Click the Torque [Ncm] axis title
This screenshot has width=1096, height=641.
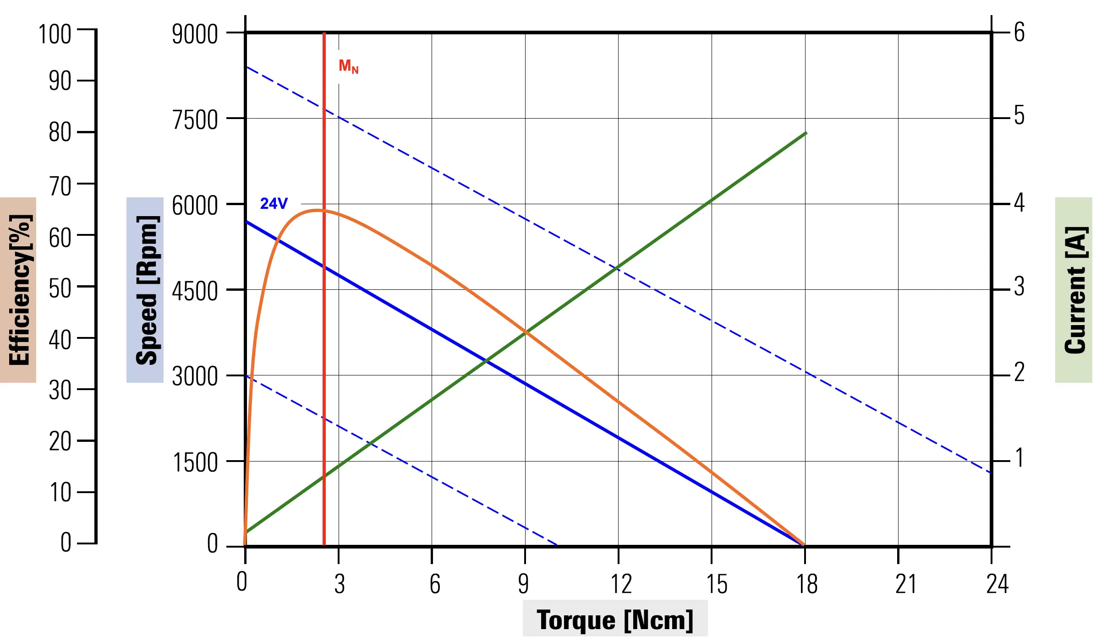(615, 620)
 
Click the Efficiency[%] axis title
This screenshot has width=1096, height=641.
(19, 290)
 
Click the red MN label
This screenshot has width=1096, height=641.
(348, 66)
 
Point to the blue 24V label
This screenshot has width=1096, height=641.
(274, 203)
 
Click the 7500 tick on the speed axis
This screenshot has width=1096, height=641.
(195, 120)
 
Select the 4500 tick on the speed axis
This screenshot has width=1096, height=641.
(195, 291)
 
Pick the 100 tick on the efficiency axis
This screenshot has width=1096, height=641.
(55, 35)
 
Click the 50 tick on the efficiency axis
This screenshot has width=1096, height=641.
(60, 288)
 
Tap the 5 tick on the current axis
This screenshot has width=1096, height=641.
(1019, 115)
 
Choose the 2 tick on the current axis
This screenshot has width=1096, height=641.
(1019, 372)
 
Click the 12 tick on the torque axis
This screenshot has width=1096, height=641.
(621, 584)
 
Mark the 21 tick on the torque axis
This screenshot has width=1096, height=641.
(906, 584)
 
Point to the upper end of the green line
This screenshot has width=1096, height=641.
(806, 133)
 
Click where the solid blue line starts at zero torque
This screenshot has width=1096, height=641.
(247, 222)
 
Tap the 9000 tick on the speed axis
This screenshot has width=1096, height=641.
(195, 34)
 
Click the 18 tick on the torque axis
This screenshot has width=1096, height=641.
(806, 584)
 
